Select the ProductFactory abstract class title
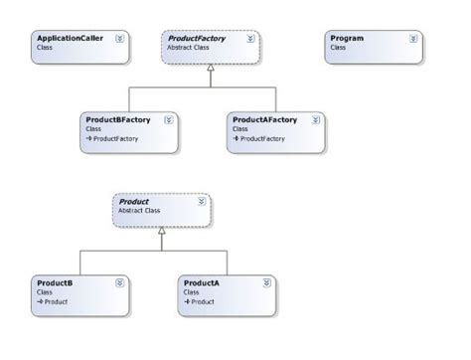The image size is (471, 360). click(x=195, y=38)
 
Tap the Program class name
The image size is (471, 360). click(x=347, y=38)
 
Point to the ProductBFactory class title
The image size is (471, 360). click(x=118, y=119)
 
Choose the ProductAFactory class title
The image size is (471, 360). click(x=265, y=119)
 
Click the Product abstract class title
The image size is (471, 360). click(x=134, y=202)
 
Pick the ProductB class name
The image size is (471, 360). click(x=54, y=282)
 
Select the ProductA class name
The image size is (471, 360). click(x=202, y=282)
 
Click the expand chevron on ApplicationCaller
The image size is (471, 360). click(x=120, y=39)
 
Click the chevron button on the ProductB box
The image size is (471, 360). click(x=120, y=283)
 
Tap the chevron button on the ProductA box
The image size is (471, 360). click(x=267, y=283)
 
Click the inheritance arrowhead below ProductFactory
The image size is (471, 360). click(x=210, y=67)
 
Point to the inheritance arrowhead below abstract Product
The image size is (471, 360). click(x=161, y=230)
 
